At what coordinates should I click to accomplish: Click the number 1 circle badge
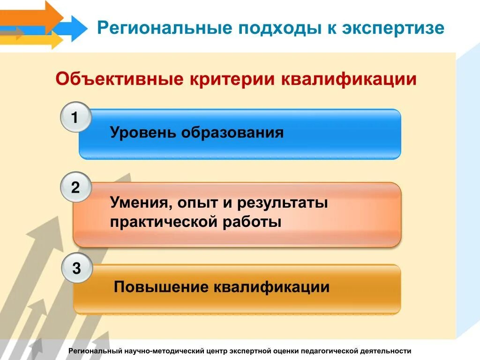(x=75, y=117)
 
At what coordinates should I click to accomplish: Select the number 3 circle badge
(x=77, y=269)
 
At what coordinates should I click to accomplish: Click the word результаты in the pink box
(x=282, y=204)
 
